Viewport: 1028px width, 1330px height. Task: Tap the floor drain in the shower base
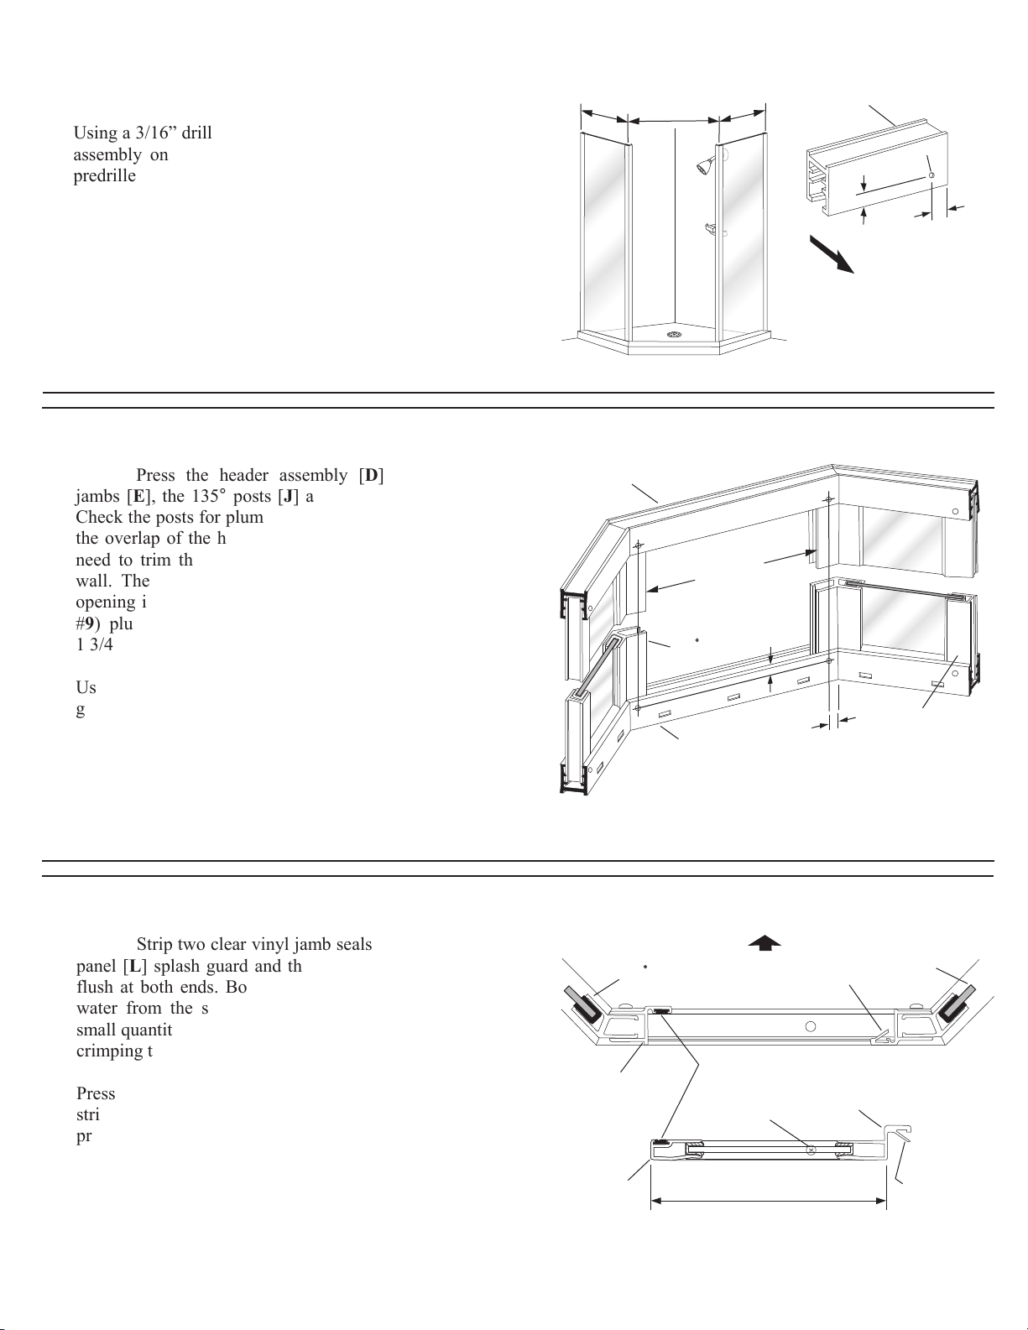point(673,335)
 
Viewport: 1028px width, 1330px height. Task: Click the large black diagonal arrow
point(832,255)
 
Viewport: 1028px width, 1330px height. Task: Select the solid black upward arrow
point(764,942)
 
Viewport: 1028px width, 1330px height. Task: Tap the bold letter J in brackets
point(288,496)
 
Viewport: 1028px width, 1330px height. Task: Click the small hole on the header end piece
point(931,175)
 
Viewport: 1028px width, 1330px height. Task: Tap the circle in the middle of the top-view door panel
point(811,1025)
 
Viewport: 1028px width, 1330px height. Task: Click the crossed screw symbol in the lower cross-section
point(811,1150)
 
